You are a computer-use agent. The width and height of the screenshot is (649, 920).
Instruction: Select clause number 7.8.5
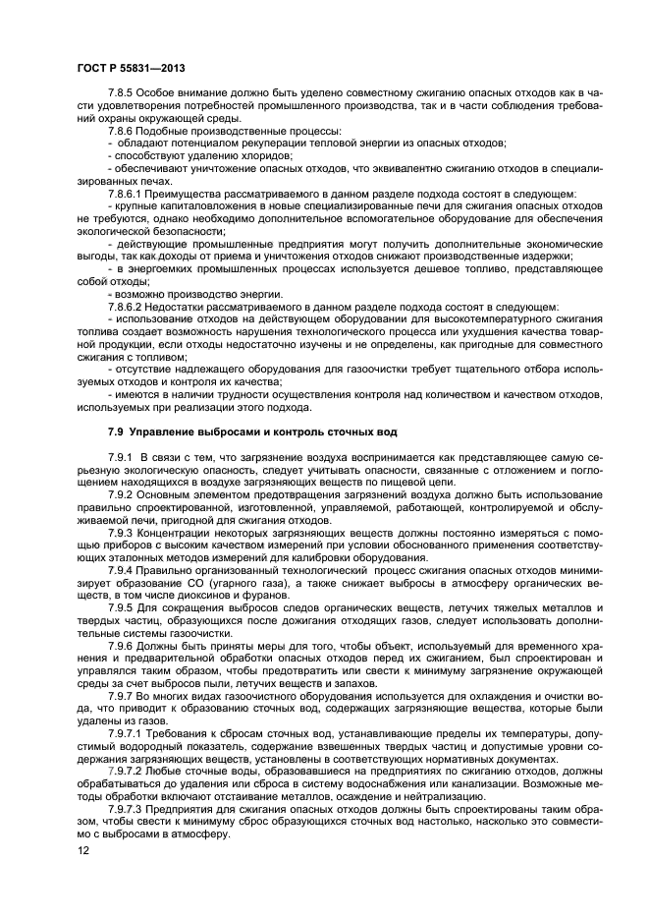(x=122, y=92)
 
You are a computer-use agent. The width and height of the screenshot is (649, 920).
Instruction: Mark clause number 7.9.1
(x=122, y=459)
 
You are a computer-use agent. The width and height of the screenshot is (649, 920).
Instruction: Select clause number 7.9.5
(x=122, y=607)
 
